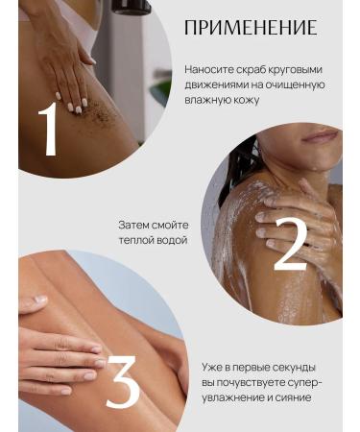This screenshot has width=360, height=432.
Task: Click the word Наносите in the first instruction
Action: (x=210, y=69)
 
